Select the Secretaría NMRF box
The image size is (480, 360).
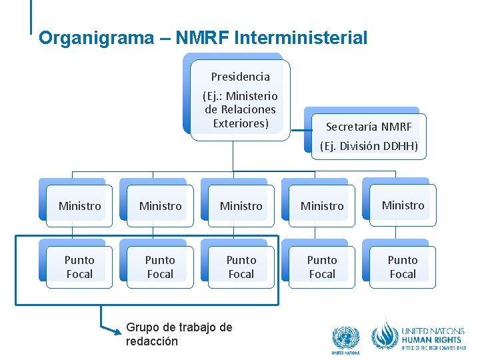(x=368, y=126)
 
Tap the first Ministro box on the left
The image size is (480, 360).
(x=79, y=206)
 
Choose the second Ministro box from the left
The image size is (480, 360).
(x=160, y=206)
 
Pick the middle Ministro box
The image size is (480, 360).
(x=241, y=206)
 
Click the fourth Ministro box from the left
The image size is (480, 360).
(x=322, y=206)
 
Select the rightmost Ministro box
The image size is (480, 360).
(x=403, y=205)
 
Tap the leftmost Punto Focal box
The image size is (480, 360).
(x=79, y=267)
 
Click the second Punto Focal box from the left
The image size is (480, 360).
(x=160, y=267)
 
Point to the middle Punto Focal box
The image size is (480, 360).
(x=241, y=267)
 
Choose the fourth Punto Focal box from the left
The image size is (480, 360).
(x=322, y=267)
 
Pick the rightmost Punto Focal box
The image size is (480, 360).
(x=403, y=267)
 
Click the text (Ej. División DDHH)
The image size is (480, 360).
(x=369, y=146)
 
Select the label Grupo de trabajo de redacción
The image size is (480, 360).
(x=178, y=334)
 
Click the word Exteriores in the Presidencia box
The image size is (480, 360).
(x=241, y=123)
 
